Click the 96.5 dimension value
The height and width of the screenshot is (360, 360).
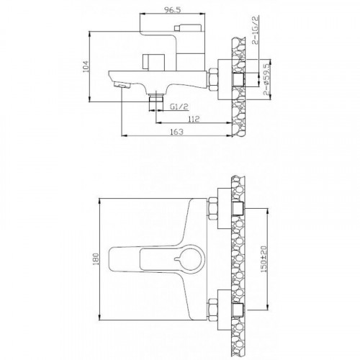[172, 10]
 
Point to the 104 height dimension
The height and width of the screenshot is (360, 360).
[86, 66]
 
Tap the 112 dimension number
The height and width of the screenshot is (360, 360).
[194, 119]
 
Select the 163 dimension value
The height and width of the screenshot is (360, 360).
[176, 132]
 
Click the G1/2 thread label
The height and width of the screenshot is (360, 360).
[179, 107]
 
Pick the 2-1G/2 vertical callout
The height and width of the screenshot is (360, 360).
[255, 30]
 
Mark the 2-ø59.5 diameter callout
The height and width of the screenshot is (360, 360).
[266, 80]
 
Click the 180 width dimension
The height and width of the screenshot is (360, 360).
[96, 259]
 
